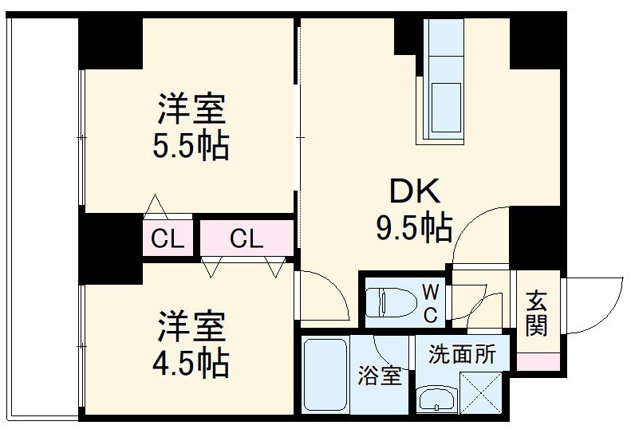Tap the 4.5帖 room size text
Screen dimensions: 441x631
point(191,364)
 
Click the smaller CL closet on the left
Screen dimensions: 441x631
point(168,238)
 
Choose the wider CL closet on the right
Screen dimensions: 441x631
point(246,238)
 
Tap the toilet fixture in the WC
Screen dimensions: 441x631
point(391,301)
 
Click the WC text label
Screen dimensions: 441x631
point(430,302)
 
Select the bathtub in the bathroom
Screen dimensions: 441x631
point(325,374)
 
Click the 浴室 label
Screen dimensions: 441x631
point(380,376)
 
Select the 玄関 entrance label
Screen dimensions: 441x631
point(537,314)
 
